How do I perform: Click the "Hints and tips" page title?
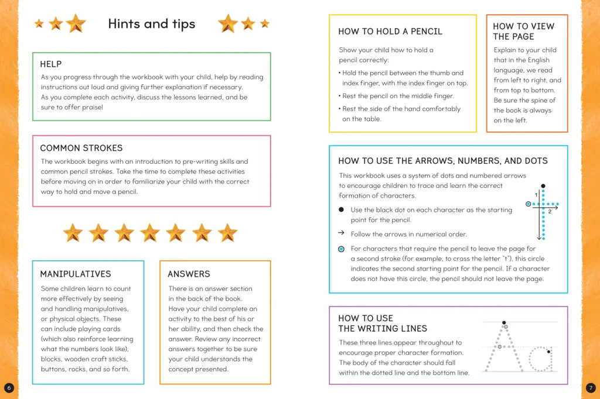coord(152,24)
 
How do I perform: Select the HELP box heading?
coord(51,64)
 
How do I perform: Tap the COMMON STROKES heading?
coord(81,148)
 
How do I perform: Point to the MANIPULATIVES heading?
coord(76,274)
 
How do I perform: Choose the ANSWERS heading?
coord(189,274)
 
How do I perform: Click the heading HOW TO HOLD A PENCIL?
coord(390,32)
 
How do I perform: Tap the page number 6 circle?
coord(8,388)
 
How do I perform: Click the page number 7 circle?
coord(591,388)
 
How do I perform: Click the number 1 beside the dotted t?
coord(536,194)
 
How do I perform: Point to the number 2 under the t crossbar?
coord(550,211)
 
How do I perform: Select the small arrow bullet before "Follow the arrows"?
coord(341,233)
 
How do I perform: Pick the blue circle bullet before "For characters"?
coord(341,249)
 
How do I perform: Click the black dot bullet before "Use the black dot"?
coord(341,209)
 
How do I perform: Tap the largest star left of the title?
coord(76,23)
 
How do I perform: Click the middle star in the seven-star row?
coord(150,233)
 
